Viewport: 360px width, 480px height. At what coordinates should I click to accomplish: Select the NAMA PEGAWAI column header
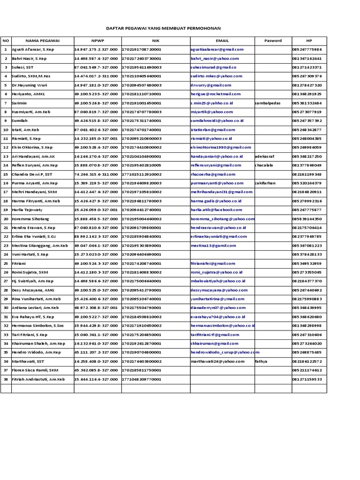(x=43, y=40)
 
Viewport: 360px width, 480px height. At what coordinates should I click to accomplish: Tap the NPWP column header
(x=97, y=40)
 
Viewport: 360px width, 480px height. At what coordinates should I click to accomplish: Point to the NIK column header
(x=155, y=40)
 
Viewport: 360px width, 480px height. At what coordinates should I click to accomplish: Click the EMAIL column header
(x=222, y=40)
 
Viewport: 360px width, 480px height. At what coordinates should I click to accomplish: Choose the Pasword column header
(x=272, y=40)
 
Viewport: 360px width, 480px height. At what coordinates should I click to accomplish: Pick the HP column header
(x=308, y=40)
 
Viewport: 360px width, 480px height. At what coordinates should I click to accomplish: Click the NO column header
(x=6, y=40)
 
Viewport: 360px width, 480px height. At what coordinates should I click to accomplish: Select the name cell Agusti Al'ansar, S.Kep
(x=34, y=49)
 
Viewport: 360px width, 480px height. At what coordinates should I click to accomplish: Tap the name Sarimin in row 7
(x=19, y=103)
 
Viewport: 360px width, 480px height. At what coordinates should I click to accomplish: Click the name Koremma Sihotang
(x=30, y=219)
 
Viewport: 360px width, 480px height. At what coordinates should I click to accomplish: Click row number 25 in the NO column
(x=6, y=263)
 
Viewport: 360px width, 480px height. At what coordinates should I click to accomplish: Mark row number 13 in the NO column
(x=6, y=157)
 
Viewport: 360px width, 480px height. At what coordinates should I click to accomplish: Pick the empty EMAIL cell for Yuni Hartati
(x=222, y=255)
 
